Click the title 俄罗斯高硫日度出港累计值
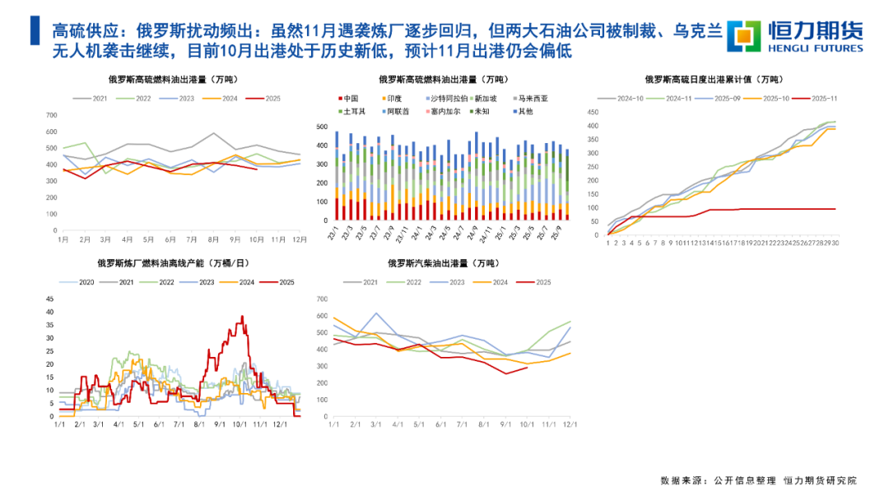click(713, 80)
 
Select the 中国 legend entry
click(350, 98)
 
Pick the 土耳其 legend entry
click(352, 110)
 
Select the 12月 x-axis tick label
click(300, 239)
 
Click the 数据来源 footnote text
click(757, 480)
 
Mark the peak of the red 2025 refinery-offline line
click(242, 317)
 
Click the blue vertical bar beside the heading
click(34, 31)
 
